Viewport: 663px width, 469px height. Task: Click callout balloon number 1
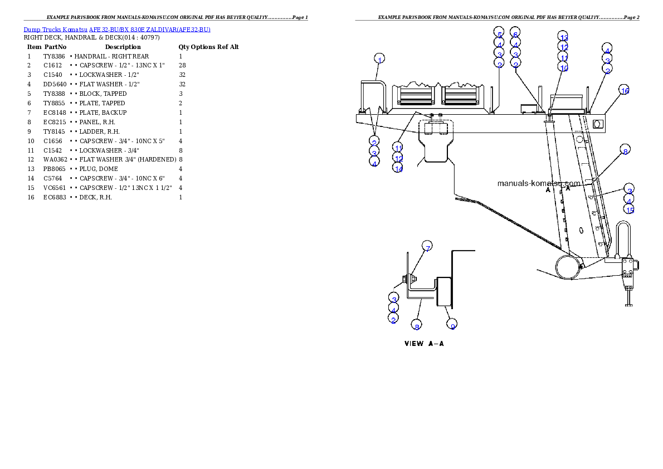pyautogui.click(x=379, y=59)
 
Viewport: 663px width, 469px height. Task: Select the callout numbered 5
pyautogui.click(x=499, y=33)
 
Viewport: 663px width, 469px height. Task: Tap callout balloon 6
pyautogui.click(x=515, y=33)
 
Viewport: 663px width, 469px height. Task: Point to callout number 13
pyautogui.click(x=564, y=37)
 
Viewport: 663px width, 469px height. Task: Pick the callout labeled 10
pyautogui.click(x=564, y=68)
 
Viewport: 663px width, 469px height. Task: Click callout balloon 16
pyautogui.click(x=625, y=90)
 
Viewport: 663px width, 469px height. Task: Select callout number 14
pyautogui.click(x=397, y=168)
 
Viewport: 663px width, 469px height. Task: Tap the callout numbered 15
pyautogui.click(x=629, y=210)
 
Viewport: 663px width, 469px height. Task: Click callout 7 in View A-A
pyautogui.click(x=427, y=247)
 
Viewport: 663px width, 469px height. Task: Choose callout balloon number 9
pyautogui.click(x=452, y=326)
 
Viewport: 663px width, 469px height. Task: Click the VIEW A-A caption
pyautogui.click(x=424, y=344)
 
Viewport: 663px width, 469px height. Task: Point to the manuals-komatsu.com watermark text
pyautogui.click(x=539, y=183)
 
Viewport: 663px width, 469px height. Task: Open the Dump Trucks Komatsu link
pyautogui.click(x=117, y=30)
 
